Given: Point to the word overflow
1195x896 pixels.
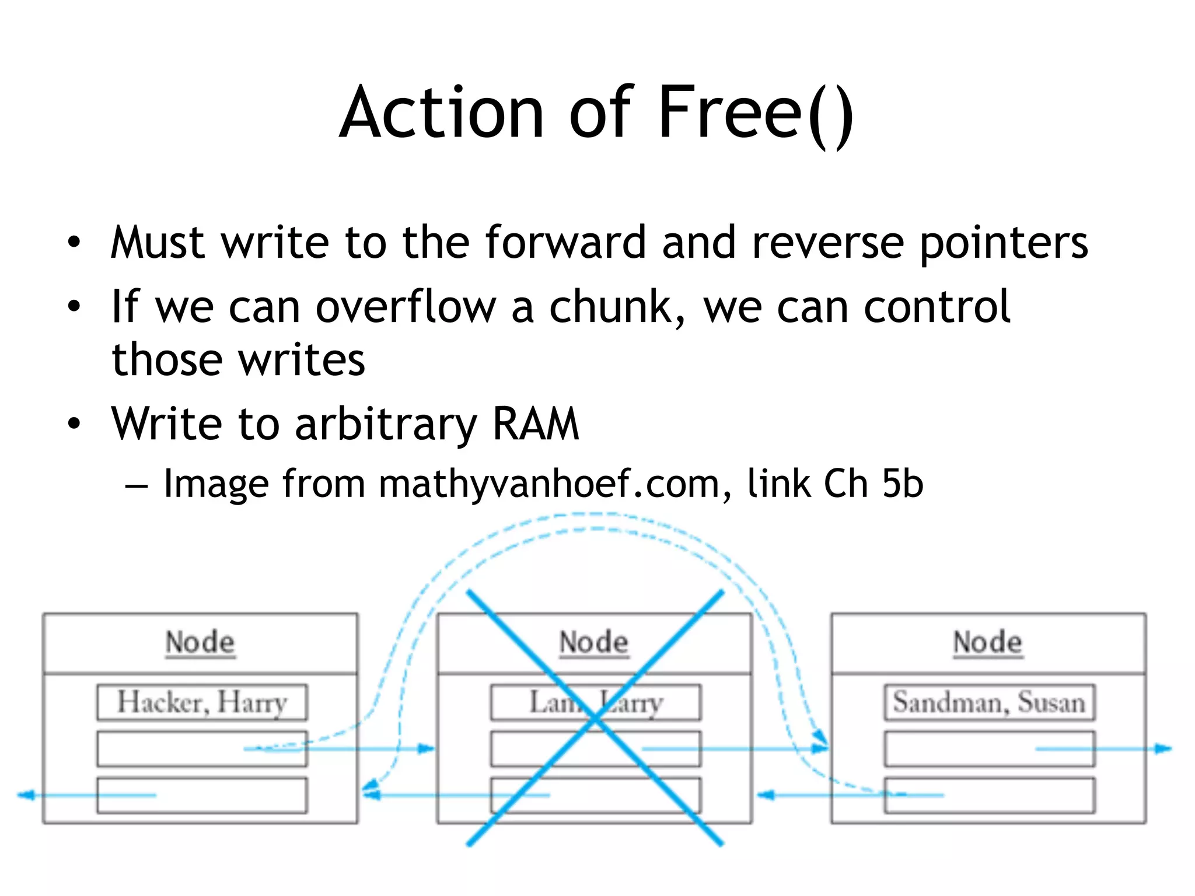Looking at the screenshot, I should point(406,307).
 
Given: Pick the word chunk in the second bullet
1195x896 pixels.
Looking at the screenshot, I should point(611,307).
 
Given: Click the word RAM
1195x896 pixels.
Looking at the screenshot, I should point(536,423).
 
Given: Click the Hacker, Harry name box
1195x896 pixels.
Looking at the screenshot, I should point(202,702).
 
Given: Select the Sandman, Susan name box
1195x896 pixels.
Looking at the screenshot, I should point(989,702).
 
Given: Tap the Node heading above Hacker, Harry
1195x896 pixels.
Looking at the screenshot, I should point(200,642).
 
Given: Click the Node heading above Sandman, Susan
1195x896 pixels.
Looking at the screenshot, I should point(988,642).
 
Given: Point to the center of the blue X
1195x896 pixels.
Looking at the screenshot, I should point(595,719).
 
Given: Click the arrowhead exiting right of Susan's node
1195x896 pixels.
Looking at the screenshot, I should point(1163,748).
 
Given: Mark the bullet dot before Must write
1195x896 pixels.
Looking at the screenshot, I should point(74,243).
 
